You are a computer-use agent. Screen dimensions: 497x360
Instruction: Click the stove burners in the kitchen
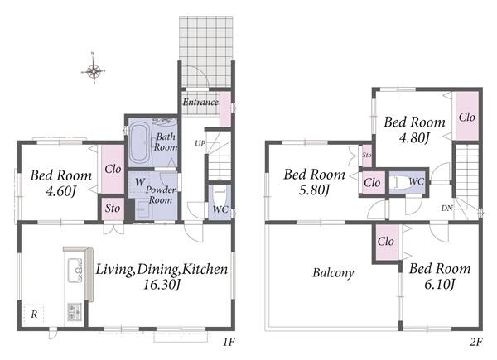pyautogui.click(x=75, y=311)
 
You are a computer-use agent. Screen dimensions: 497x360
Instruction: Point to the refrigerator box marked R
pyautogui.click(x=34, y=314)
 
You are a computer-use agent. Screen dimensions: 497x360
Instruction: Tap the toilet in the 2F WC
pyautogui.click(x=401, y=182)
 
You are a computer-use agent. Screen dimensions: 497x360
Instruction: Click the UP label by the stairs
pyautogui.click(x=200, y=143)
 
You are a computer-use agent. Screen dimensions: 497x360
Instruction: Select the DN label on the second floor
pyautogui.click(x=447, y=209)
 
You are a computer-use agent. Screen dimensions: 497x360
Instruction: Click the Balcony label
pyautogui.click(x=333, y=272)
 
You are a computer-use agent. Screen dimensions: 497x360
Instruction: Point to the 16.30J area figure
pyautogui.click(x=162, y=285)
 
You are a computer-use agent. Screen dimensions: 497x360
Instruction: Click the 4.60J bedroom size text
pyautogui.click(x=60, y=191)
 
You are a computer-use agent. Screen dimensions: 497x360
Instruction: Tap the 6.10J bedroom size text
pyautogui.click(x=439, y=285)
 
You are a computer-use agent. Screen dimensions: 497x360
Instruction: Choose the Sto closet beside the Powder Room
pyautogui.click(x=113, y=208)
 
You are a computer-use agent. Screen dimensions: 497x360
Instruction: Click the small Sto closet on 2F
pyautogui.click(x=367, y=156)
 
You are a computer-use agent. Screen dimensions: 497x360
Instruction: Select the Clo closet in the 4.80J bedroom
pyautogui.click(x=467, y=116)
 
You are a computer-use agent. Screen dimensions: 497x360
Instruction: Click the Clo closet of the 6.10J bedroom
pyautogui.click(x=386, y=242)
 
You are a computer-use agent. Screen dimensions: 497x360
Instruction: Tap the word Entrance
pyautogui.click(x=200, y=102)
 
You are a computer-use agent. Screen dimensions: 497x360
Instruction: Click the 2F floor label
pyautogui.click(x=475, y=342)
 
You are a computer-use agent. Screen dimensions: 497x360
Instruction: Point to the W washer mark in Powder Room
pyautogui.click(x=140, y=182)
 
